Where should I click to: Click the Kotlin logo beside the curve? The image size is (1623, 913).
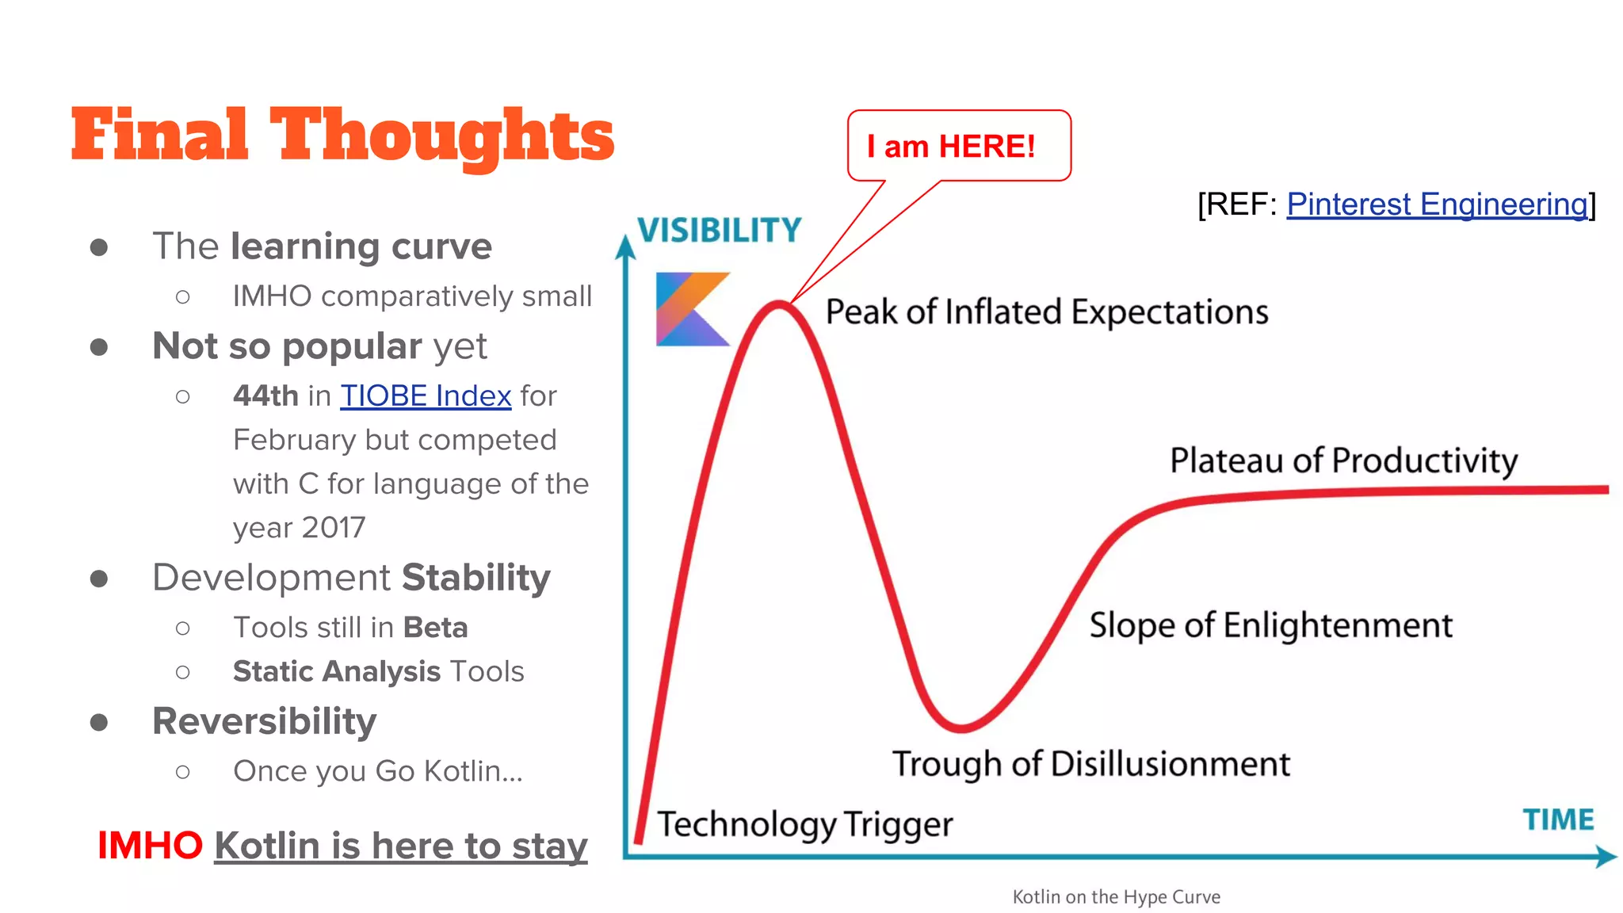(691, 309)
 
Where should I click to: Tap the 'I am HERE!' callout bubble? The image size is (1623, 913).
(958, 146)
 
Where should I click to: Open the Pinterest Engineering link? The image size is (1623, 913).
(1437, 204)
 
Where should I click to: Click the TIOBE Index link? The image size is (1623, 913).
(426, 395)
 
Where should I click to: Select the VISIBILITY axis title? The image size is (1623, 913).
(720, 231)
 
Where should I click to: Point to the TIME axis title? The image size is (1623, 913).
(1557, 819)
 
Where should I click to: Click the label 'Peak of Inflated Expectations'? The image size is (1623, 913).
(1046, 312)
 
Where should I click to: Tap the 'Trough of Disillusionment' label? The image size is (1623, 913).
(1090, 764)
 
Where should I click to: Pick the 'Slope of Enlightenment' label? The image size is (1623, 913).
(1270, 625)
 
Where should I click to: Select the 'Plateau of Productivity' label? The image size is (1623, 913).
(1343, 460)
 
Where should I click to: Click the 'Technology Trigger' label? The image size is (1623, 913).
(804, 824)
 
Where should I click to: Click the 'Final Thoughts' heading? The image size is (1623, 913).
(342, 136)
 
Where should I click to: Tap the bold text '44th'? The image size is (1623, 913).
(265, 395)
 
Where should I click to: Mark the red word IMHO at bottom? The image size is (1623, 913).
(150, 845)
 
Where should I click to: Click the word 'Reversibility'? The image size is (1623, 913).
(264, 721)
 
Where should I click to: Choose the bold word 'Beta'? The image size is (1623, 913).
(435, 628)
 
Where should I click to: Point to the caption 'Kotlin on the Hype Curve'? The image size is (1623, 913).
(1116, 896)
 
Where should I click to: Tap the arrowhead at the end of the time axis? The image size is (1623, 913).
(1606, 856)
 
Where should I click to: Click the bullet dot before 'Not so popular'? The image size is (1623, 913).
(99, 347)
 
